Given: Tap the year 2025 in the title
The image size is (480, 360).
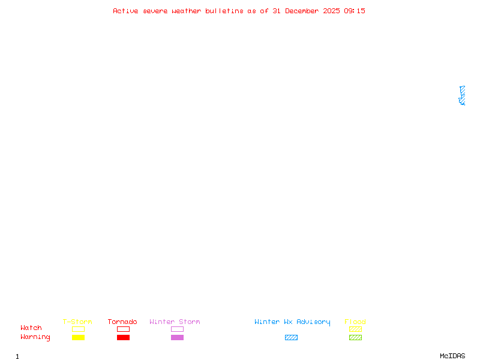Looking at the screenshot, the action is (331, 11).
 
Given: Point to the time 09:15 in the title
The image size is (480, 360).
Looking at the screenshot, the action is (355, 11).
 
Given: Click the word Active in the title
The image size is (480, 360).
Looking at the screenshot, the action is (125, 11).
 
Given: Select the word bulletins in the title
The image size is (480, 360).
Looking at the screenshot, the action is (224, 11).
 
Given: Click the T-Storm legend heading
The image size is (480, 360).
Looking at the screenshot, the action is (77, 322).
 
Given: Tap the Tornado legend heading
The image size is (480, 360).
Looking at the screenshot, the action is (122, 322).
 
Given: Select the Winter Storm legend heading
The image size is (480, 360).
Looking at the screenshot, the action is (175, 322).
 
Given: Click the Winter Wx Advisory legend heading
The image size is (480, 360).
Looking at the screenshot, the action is (292, 322).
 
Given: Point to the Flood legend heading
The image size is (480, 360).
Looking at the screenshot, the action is (355, 322).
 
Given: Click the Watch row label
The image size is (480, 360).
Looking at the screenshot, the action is (31, 328).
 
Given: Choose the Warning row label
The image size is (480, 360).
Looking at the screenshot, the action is (35, 337).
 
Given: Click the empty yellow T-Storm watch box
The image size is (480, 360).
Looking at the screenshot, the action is (79, 329).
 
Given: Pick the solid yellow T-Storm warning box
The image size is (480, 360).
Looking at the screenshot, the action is (79, 337).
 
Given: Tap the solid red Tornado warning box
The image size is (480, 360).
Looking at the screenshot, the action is (124, 337).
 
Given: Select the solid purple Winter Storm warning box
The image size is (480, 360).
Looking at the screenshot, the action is (177, 337).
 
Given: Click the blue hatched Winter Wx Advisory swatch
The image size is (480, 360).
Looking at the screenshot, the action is (291, 337).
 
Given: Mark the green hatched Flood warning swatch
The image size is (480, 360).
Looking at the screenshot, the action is (355, 337).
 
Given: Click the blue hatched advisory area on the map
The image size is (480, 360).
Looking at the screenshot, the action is (463, 96).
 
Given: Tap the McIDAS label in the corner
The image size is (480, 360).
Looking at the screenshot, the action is (452, 356).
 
